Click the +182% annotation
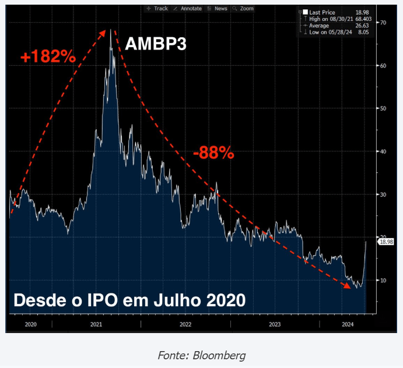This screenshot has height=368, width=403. (x=48, y=57)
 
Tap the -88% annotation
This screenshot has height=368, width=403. (x=213, y=153)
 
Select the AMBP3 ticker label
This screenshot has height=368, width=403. (x=156, y=43)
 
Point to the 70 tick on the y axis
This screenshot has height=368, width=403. (x=383, y=23)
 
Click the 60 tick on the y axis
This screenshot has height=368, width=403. (x=383, y=66)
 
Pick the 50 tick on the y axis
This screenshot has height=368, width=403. (x=383, y=108)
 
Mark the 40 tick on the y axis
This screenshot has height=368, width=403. (x=383, y=151)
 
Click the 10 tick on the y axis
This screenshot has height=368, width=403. (x=383, y=280)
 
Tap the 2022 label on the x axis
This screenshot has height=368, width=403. (x=185, y=324)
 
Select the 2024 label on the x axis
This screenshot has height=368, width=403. (x=348, y=324)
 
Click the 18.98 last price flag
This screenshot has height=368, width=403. (x=386, y=242)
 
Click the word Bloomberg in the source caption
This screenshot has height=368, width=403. (x=220, y=355)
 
